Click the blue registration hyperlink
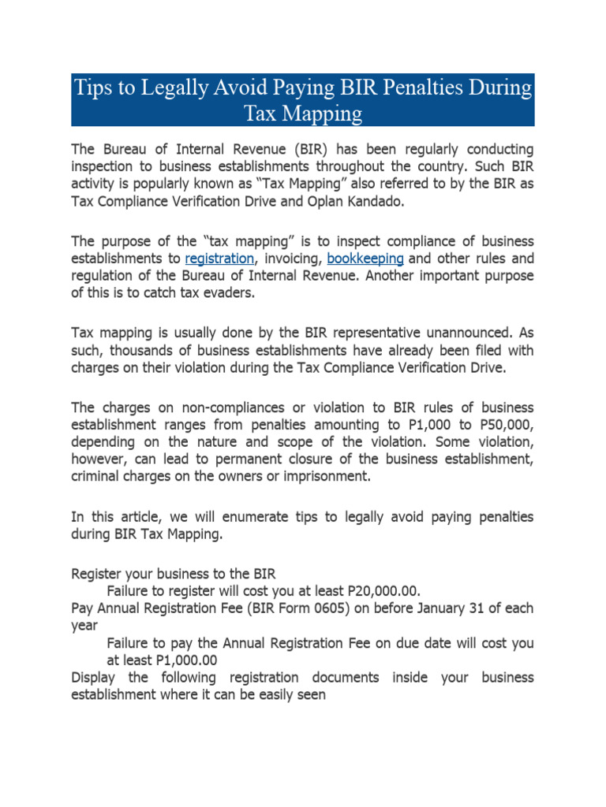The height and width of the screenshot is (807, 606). tap(219, 258)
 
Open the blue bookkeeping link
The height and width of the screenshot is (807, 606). tap(365, 258)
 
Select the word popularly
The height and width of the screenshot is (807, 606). tap(178, 183)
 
